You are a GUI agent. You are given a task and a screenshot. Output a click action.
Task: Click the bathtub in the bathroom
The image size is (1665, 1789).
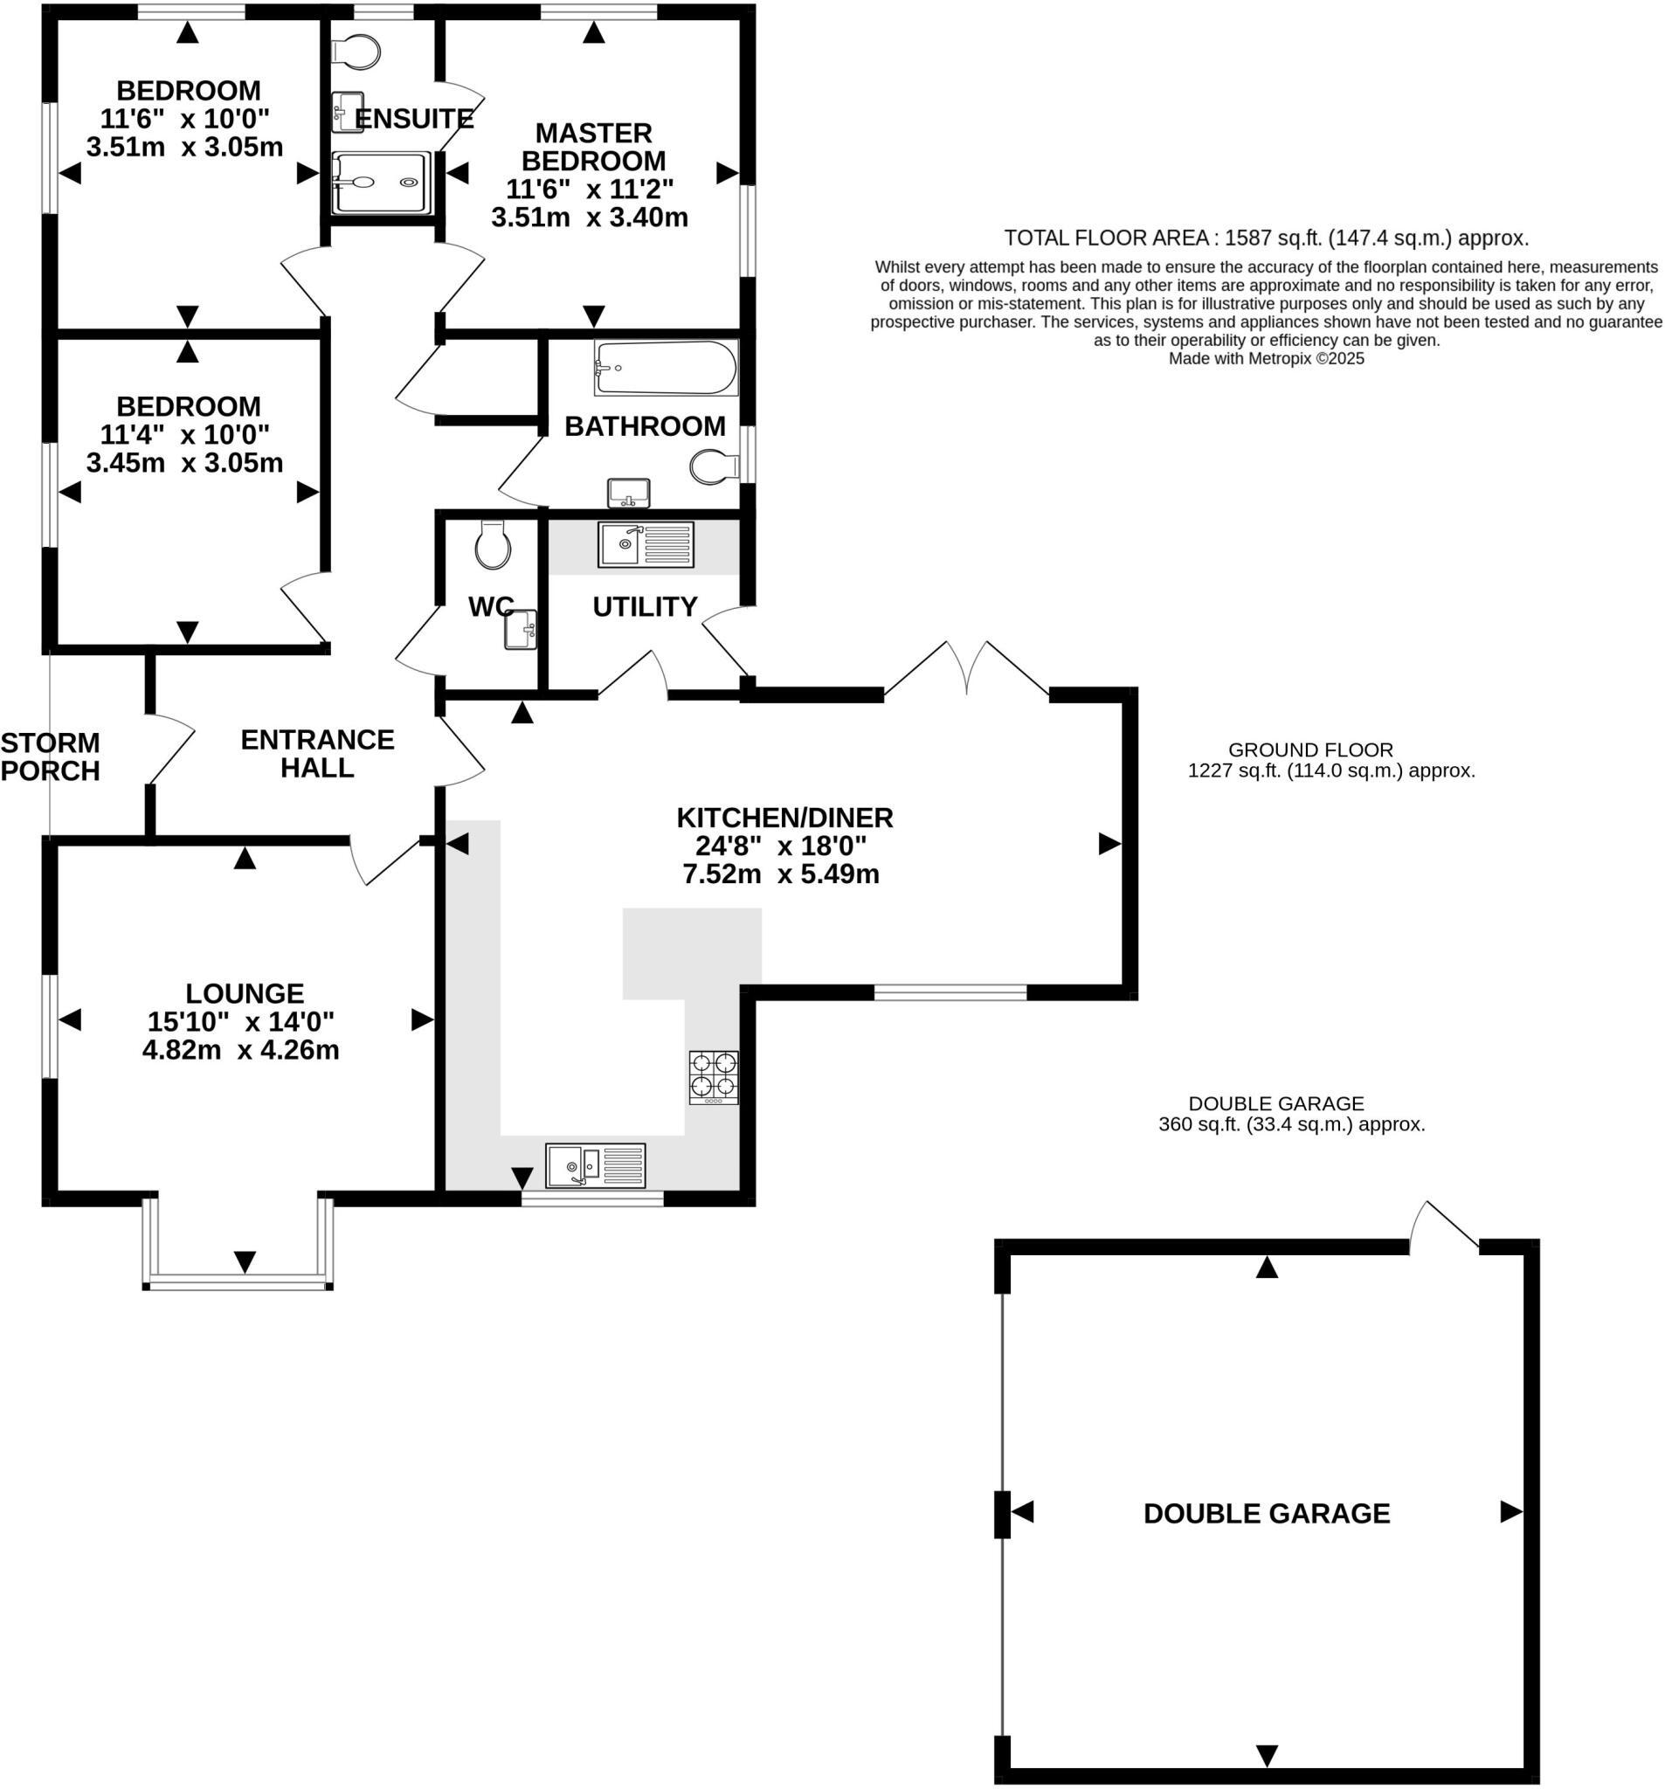click(x=665, y=367)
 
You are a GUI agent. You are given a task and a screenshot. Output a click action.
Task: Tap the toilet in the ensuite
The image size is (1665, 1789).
click(x=356, y=52)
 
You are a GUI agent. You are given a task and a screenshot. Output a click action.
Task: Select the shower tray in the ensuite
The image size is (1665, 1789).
click(x=380, y=183)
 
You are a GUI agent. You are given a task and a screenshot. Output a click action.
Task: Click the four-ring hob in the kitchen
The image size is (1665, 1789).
click(x=714, y=1076)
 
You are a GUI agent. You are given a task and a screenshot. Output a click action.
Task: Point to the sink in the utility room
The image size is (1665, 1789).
click(x=646, y=543)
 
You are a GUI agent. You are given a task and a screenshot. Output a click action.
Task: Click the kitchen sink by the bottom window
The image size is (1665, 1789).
click(x=595, y=1165)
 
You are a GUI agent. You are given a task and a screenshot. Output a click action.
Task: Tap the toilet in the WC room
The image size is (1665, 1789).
click(x=493, y=544)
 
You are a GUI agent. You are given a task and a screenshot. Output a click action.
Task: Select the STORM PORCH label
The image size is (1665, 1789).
click(x=50, y=756)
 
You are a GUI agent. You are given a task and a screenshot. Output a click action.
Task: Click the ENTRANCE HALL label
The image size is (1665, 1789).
click(x=317, y=753)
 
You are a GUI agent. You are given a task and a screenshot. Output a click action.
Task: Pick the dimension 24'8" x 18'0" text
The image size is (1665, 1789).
click(x=780, y=846)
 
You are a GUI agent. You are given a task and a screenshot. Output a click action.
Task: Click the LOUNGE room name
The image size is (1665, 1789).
click(x=244, y=993)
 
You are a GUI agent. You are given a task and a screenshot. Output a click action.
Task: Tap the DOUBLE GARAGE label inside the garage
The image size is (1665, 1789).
click(x=1267, y=1513)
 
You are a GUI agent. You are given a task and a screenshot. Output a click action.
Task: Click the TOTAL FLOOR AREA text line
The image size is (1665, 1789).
click(x=1266, y=238)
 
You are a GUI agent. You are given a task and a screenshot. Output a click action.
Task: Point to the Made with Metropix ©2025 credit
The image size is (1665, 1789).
click(x=1266, y=359)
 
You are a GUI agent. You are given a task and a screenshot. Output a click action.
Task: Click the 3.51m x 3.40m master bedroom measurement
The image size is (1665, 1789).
click(x=590, y=218)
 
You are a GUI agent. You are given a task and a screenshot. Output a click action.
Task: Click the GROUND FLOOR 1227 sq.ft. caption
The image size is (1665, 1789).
click(x=1330, y=761)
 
